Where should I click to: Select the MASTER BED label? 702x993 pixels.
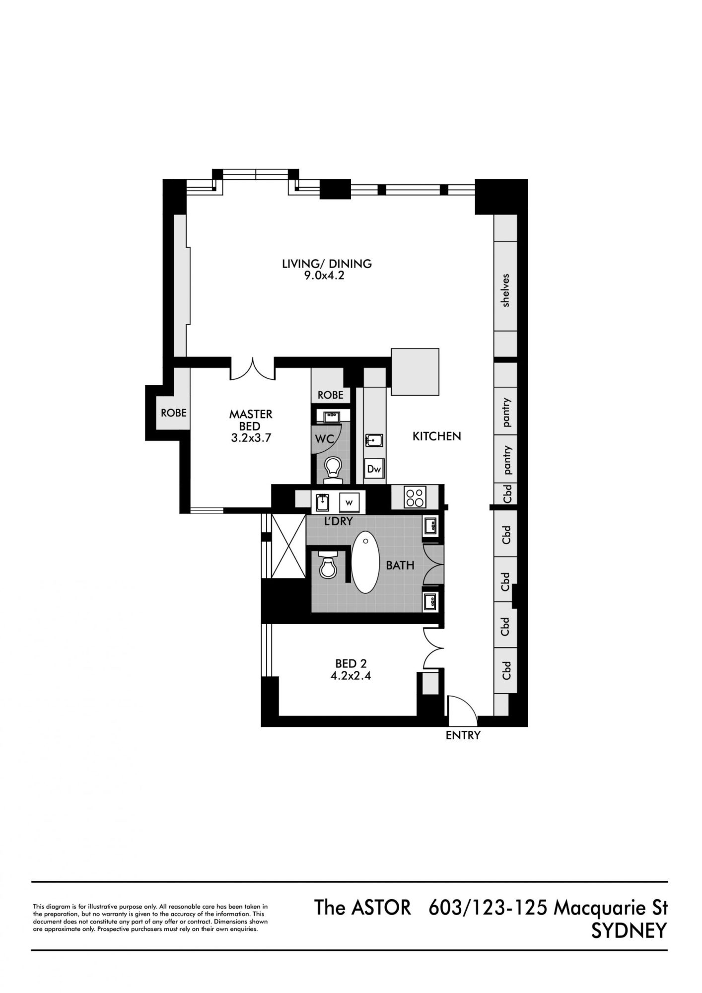pyautogui.click(x=251, y=420)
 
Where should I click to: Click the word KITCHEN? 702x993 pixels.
pyautogui.click(x=437, y=436)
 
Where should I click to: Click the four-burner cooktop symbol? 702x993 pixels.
pyautogui.click(x=415, y=497)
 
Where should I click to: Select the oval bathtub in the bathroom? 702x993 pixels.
pyautogui.click(x=365, y=563)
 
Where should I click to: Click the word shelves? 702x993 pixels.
pyautogui.click(x=506, y=290)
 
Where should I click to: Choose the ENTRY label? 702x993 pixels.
pyautogui.click(x=463, y=735)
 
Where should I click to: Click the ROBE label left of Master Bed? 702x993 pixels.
pyautogui.click(x=174, y=413)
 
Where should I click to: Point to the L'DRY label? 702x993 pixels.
pyautogui.click(x=338, y=521)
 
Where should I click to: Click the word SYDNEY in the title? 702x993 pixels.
pyautogui.click(x=629, y=931)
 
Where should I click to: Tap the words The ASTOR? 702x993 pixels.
pyautogui.click(x=363, y=908)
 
